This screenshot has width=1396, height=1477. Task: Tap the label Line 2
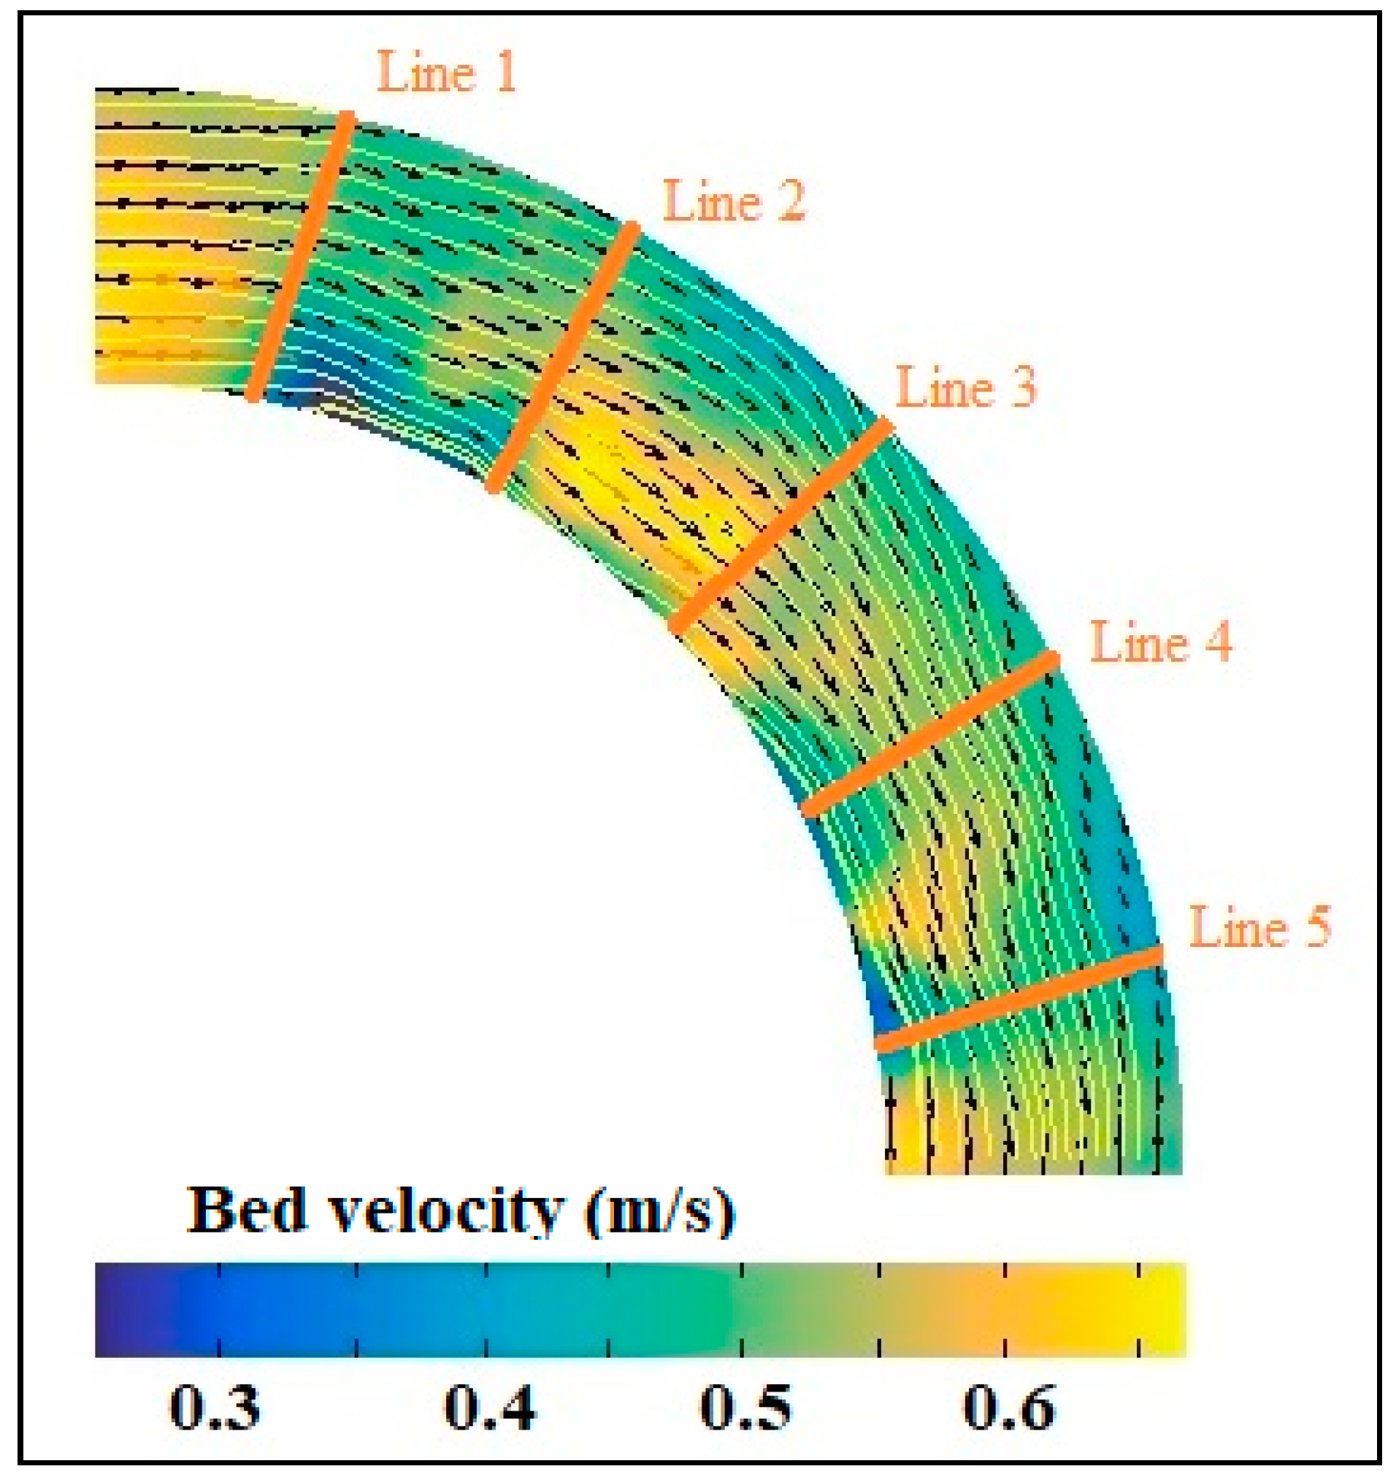[734, 202]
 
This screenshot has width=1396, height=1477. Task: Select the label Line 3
[966, 388]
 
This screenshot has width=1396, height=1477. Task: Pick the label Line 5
[1259, 928]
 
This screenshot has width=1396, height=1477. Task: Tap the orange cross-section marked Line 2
[563, 357]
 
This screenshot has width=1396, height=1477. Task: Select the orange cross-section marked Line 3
[781, 526]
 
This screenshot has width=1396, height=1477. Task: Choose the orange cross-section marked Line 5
[1018, 999]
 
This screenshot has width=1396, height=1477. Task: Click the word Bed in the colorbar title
[246, 1211]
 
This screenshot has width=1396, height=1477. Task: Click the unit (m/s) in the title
[659, 1211]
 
